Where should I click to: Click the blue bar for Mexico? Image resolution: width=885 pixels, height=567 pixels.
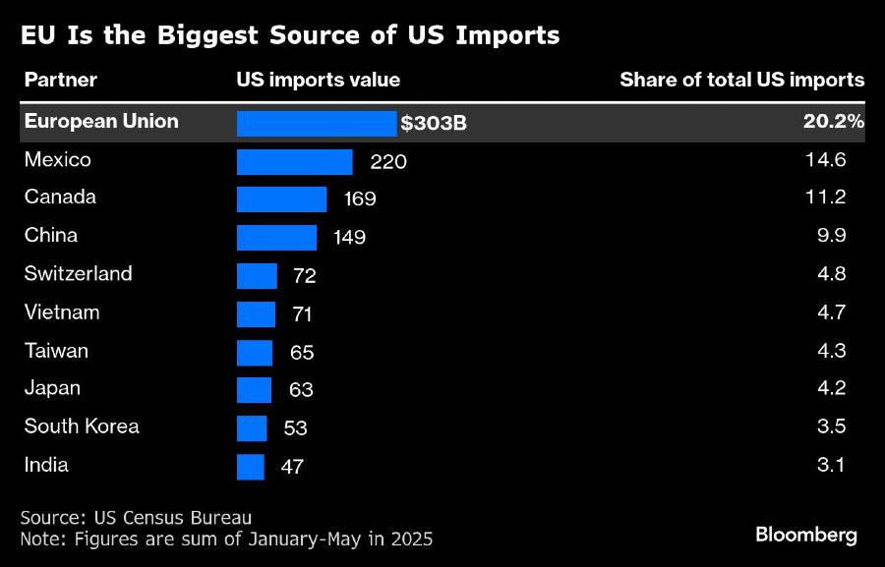[294, 162]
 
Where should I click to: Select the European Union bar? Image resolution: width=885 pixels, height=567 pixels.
[317, 123]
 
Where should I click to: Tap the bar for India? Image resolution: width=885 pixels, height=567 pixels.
[251, 466]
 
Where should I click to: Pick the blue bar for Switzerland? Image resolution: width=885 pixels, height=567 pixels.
[257, 276]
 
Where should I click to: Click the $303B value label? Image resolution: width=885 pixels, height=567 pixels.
[434, 124]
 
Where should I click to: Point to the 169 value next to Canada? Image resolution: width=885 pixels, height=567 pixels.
[360, 199]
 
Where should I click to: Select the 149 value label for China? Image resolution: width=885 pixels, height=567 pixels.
[350, 238]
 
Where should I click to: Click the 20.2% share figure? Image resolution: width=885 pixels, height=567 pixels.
[833, 122]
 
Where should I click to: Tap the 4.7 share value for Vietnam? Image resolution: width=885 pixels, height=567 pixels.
[832, 313]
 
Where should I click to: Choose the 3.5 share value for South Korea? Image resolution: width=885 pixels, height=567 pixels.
[832, 427]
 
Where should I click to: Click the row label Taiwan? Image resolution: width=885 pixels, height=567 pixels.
[56, 351]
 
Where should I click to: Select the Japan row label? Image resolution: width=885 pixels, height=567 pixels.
[52, 388]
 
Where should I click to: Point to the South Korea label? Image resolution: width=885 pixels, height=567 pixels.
[82, 426]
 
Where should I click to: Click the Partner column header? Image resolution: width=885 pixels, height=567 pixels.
[60, 81]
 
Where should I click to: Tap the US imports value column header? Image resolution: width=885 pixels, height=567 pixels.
[319, 81]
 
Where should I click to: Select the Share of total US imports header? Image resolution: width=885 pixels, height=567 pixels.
[741, 81]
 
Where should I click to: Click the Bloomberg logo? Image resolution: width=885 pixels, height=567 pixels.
[806, 536]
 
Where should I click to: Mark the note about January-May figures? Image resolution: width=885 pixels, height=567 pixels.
[226, 539]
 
